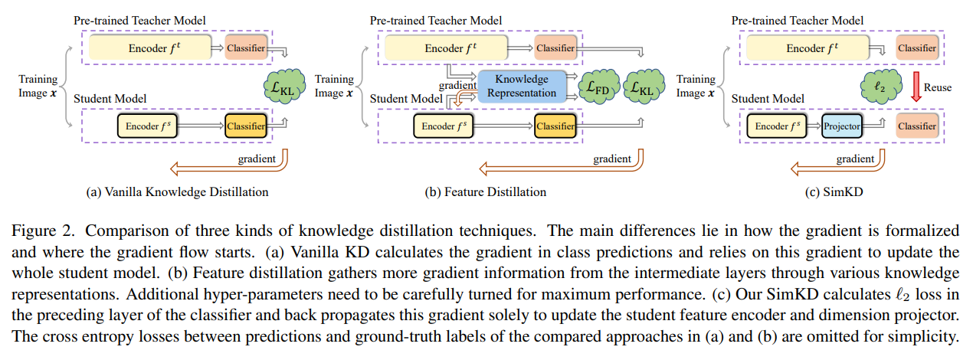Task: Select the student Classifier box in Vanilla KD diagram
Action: (245, 126)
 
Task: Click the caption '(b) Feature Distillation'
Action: (486, 191)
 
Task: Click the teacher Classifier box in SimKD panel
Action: (916, 48)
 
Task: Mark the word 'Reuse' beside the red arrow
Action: (938, 87)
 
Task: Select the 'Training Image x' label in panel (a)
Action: (38, 86)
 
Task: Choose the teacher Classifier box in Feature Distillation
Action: (555, 48)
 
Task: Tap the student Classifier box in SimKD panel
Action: (916, 126)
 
